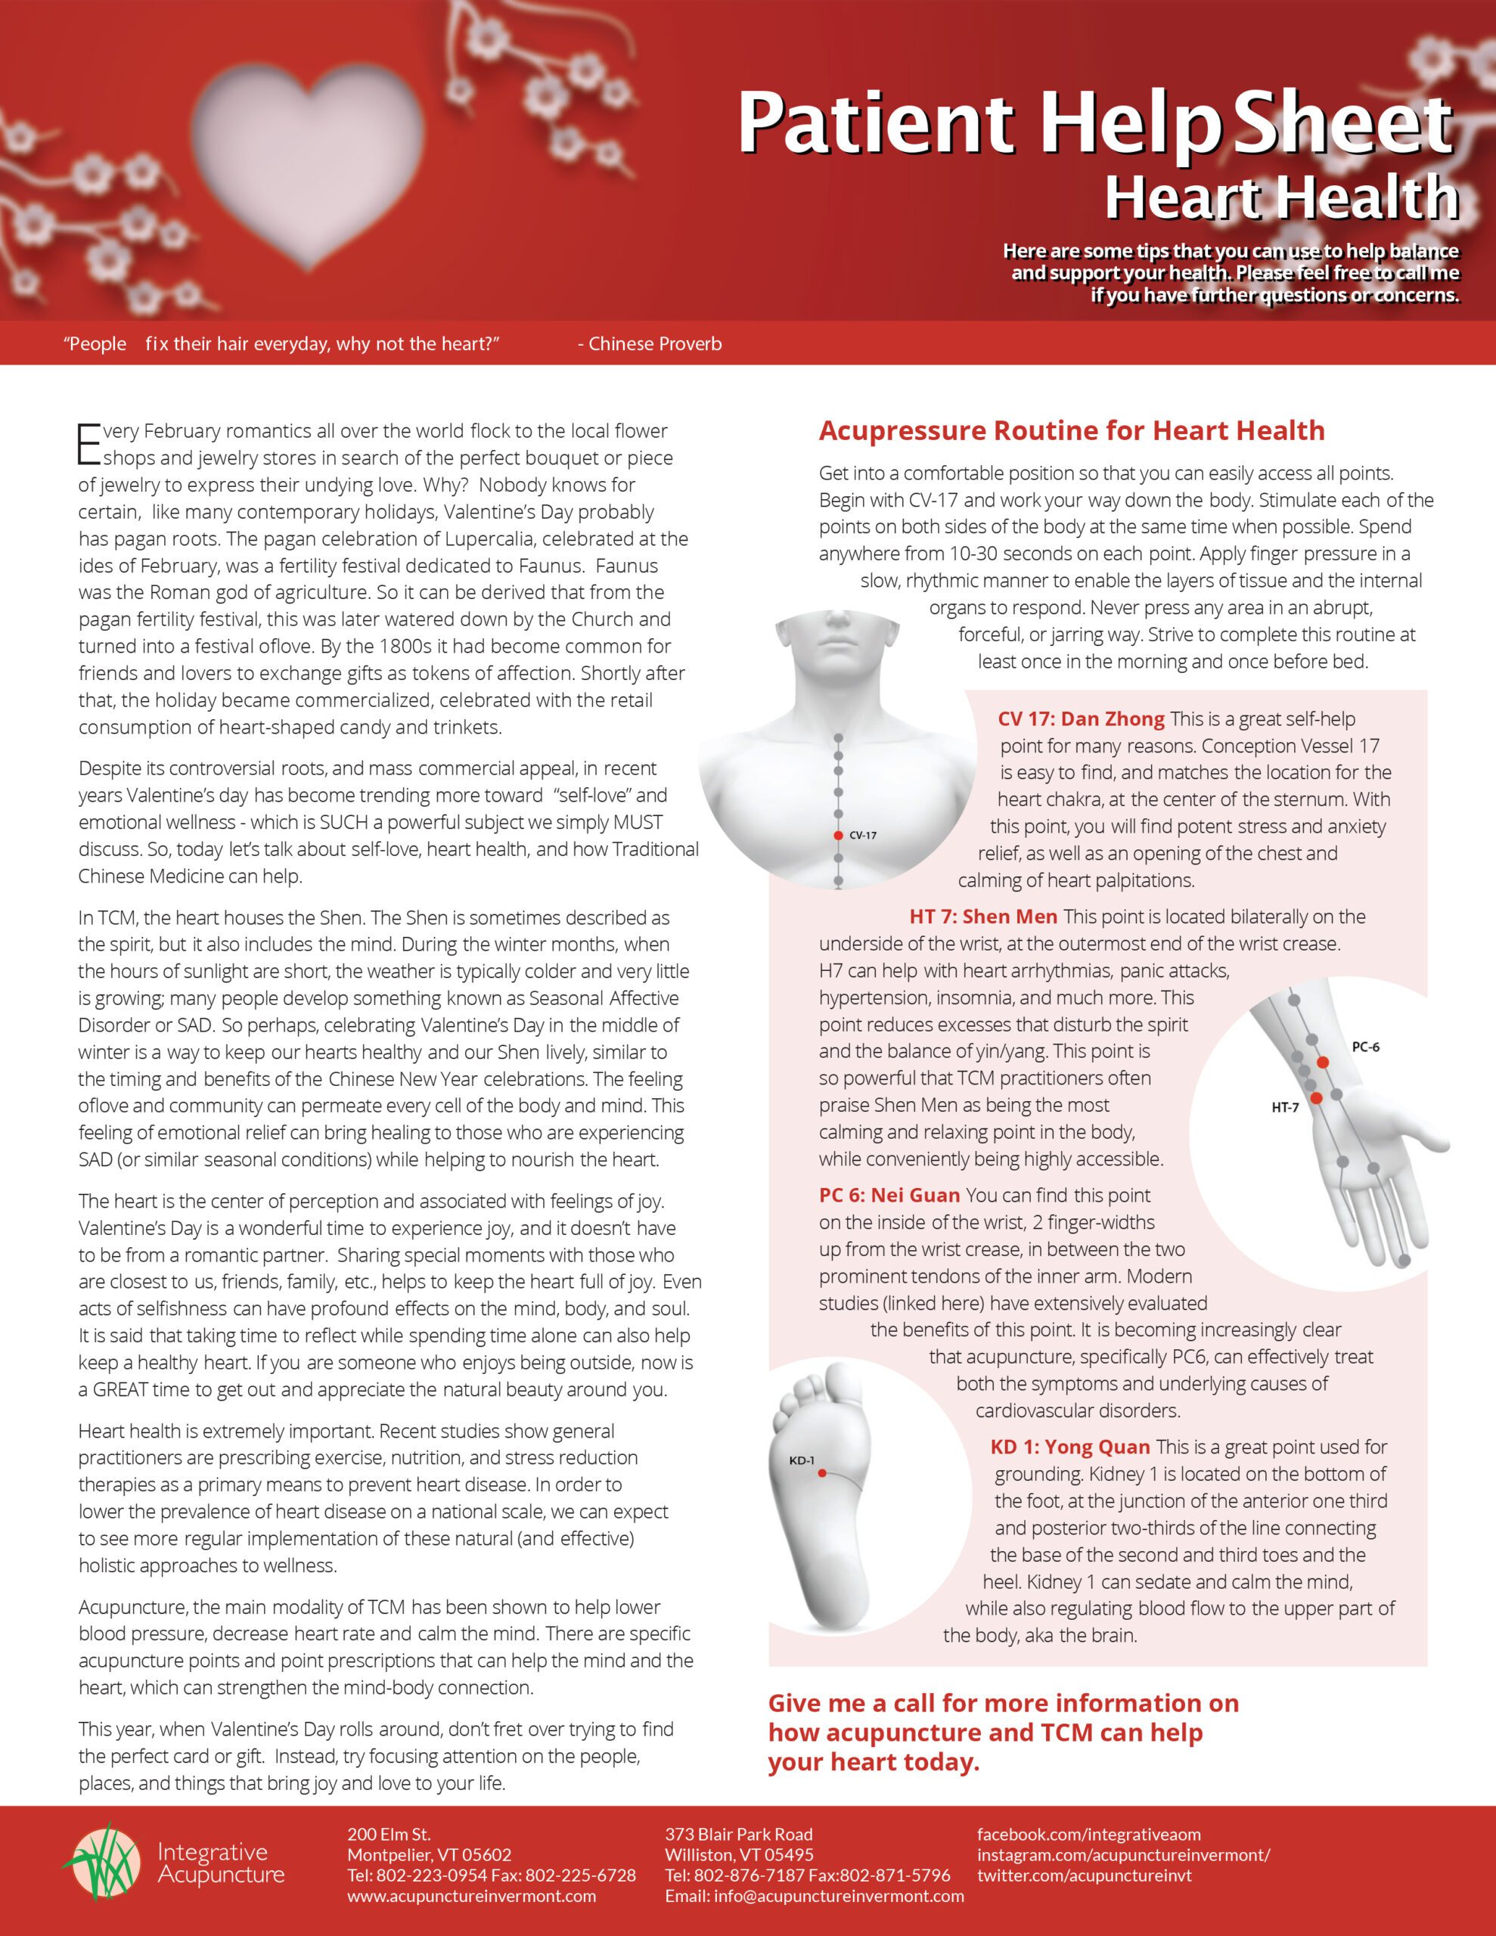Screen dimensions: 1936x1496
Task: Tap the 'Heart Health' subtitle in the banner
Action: (x=1280, y=197)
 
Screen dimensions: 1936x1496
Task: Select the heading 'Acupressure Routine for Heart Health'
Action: (x=1071, y=431)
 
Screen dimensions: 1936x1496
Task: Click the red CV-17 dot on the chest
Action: (x=838, y=835)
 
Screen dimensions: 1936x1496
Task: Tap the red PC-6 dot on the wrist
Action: (x=1322, y=1062)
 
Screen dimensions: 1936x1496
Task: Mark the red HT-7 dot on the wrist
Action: (x=1316, y=1098)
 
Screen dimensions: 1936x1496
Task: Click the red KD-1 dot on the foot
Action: (x=822, y=1473)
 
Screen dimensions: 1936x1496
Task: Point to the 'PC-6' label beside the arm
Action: (x=1364, y=1047)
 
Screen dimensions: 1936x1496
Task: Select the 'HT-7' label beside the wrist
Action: (x=1285, y=1107)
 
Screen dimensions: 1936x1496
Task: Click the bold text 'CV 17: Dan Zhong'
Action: (x=1080, y=719)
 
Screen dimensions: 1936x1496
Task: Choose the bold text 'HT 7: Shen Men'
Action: (x=982, y=917)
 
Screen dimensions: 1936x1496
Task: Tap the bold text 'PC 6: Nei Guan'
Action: (x=889, y=1195)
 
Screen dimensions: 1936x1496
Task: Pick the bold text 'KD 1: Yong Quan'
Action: (x=1069, y=1447)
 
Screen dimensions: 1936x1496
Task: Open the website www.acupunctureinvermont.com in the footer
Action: (x=471, y=1896)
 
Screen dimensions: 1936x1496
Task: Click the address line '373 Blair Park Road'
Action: (x=739, y=1834)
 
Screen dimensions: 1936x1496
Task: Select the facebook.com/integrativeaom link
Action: (x=1089, y=1834)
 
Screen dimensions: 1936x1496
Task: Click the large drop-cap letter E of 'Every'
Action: (x=88, y=444)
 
